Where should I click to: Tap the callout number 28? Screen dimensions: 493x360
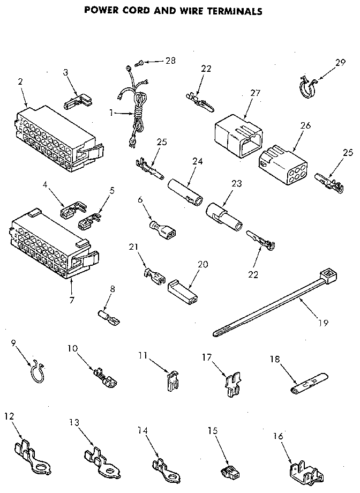(170, 61)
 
